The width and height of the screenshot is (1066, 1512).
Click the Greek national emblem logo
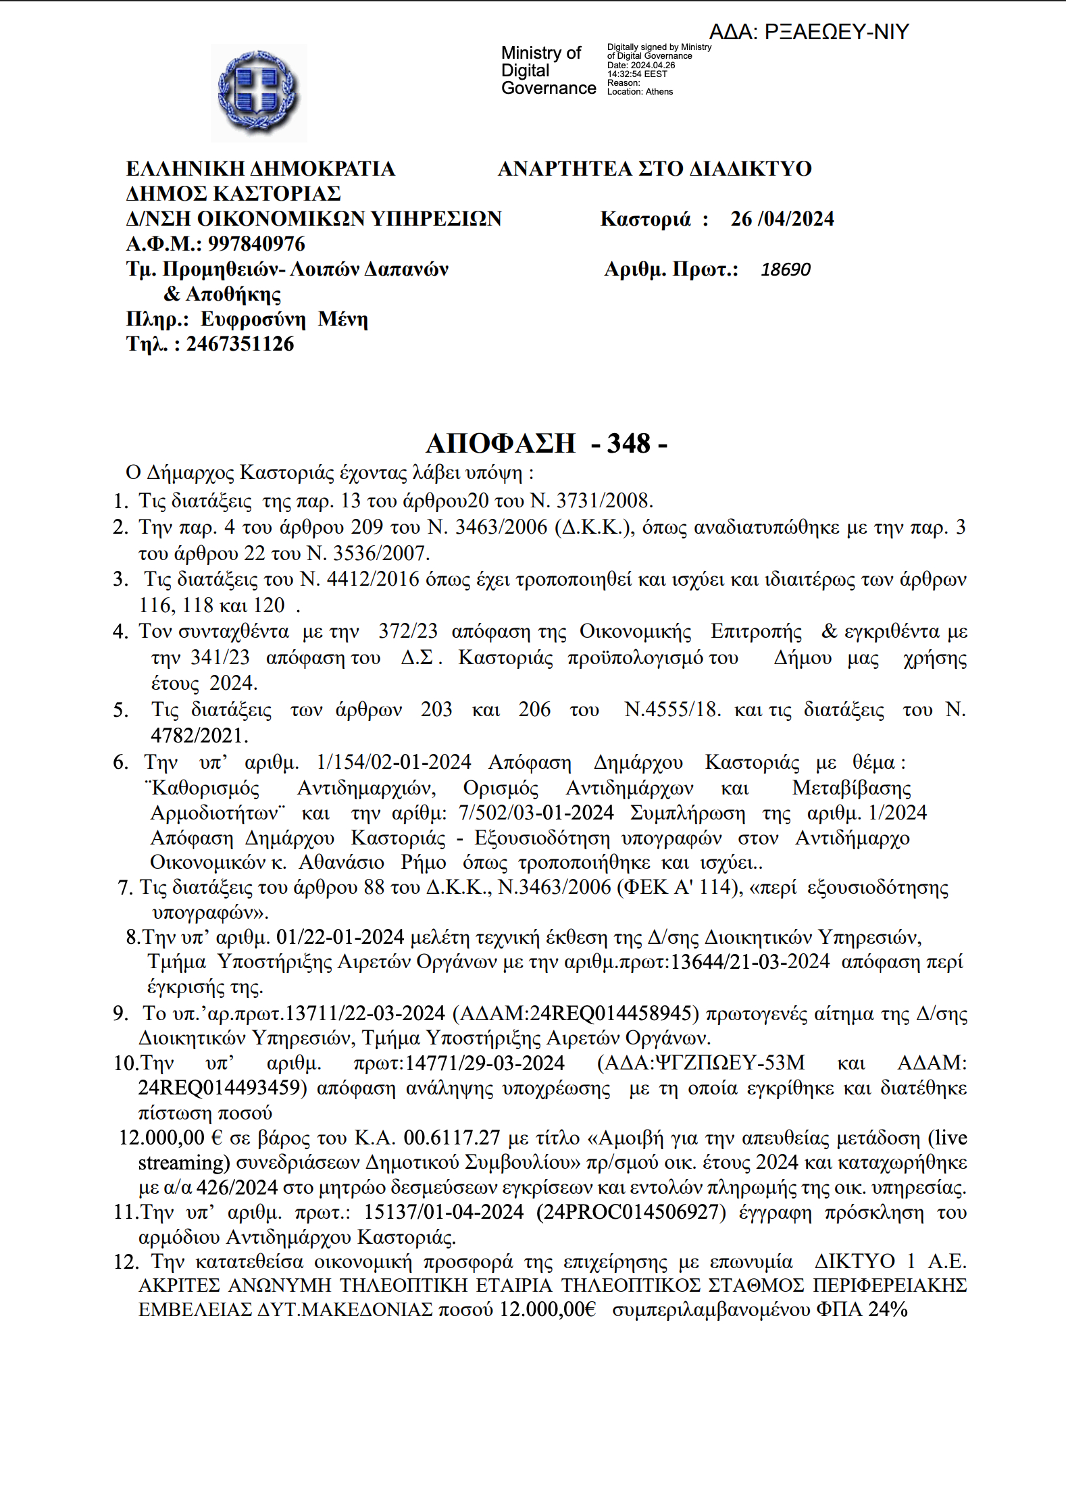pos(259,93)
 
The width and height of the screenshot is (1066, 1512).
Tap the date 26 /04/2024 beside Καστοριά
pos(782,219)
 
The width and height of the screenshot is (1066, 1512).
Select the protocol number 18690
pos(785,270)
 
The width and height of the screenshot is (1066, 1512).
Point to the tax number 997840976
pos(256,244)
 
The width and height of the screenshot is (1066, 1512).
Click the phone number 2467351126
pos(240,344)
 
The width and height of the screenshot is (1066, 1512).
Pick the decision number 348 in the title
pos(628,443)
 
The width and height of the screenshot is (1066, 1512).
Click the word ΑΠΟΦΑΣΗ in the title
pos(501,443)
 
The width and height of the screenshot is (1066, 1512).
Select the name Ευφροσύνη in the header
pos(253,319)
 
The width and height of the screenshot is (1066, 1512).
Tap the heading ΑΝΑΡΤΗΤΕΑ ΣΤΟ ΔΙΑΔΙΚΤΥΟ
pos(655,168)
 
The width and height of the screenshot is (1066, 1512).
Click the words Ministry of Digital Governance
pos(548,70)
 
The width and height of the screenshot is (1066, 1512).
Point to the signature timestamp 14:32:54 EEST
pos(636,74)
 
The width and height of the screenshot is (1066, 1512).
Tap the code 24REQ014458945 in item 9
pos(611,1013)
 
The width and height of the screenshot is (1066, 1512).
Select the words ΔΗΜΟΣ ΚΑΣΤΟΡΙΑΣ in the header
pos(233,194)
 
